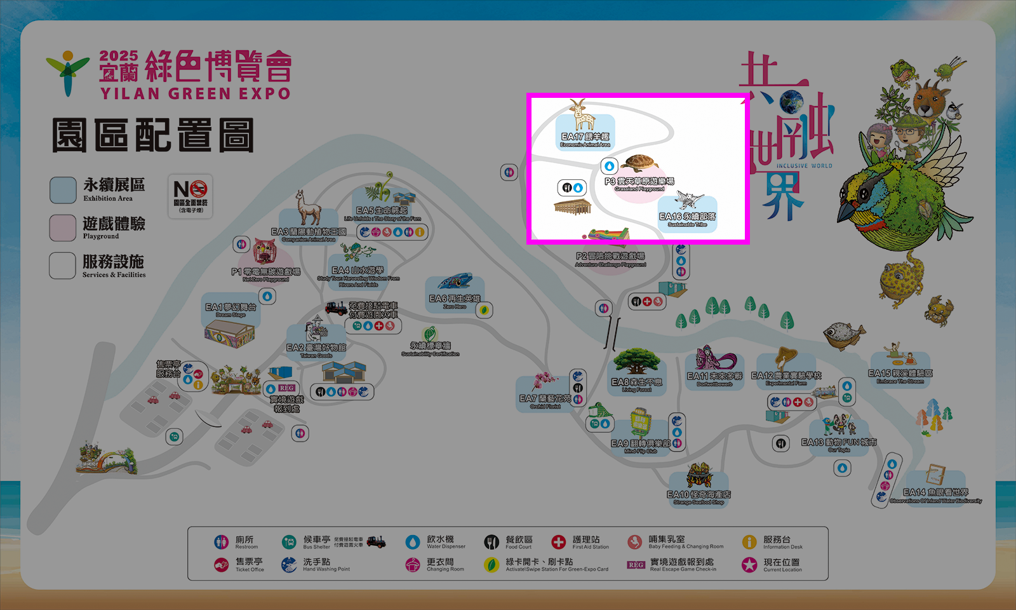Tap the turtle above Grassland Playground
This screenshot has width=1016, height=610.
(639, 163)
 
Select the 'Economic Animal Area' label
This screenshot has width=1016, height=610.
(585, 145)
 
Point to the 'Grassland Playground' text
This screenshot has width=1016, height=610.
(639, 189)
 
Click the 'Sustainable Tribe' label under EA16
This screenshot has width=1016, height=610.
(687, 224)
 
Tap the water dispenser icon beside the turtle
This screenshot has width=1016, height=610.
(610, 166)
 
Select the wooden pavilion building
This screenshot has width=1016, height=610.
(572, 207)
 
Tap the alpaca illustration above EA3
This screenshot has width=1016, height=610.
(309, 208)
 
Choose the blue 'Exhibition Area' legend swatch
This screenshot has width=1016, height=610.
(63, 190)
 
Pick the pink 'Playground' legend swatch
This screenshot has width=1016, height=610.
(63, 228)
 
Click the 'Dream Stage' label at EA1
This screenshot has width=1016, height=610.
(231, 315)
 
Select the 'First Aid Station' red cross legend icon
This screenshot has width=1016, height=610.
(558, 542)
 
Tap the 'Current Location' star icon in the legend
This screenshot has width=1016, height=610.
(749, 564)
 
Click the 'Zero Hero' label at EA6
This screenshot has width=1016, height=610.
(455, 307)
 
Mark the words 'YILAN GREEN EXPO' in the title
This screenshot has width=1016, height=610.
(195, 94)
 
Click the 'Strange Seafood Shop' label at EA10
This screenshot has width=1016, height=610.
(698, 503)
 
